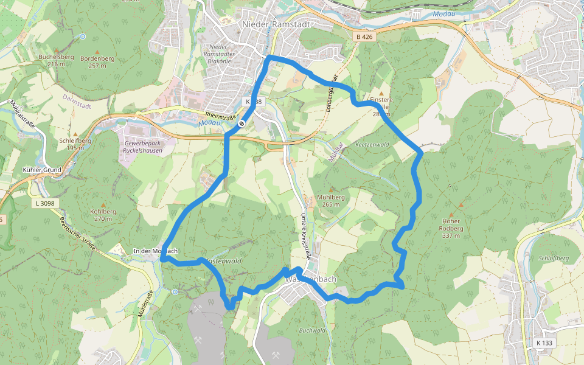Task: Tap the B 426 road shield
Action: [x=365, y=37]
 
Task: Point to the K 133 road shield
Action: [x=544, y=343]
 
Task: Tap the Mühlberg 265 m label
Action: [x=332, y=201]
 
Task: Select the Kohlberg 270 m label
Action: [x=102, y=215]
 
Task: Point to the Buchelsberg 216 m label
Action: [x=56, y=60]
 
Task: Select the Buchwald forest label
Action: [x=312, y=330]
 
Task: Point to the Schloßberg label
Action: [x=553, y=258]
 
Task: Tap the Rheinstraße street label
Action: [x=220, y=115]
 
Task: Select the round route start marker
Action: [x=242, y=124]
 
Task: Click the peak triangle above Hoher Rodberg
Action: [x=460, y=205]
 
